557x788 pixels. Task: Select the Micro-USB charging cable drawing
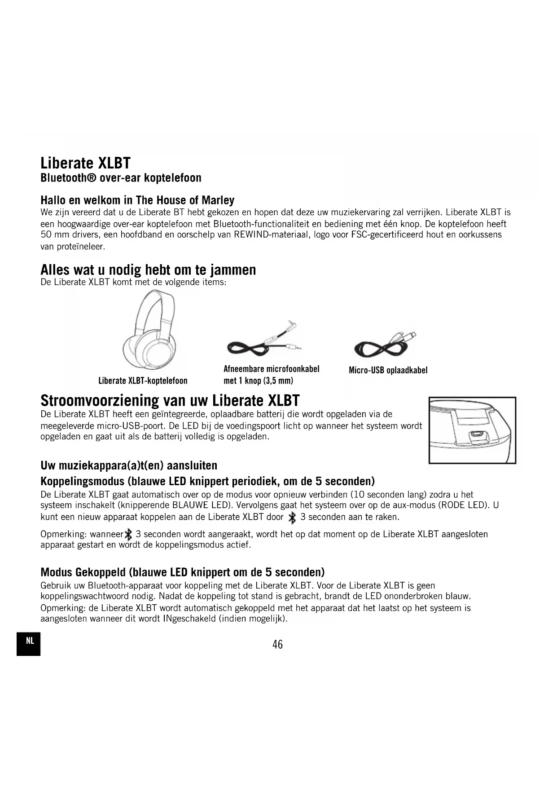(385, 345)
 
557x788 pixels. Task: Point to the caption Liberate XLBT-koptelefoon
(143, 381)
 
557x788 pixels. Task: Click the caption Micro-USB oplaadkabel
(388, 370)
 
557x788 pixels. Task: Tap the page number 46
(277, 644)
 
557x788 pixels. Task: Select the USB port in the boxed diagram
(475, 435)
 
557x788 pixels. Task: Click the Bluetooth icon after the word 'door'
(292, 518)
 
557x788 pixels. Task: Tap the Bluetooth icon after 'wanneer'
(129, 534)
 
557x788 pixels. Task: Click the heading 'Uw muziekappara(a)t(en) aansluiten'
(129, 465)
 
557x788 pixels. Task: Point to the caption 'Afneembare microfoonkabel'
(271, 369)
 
